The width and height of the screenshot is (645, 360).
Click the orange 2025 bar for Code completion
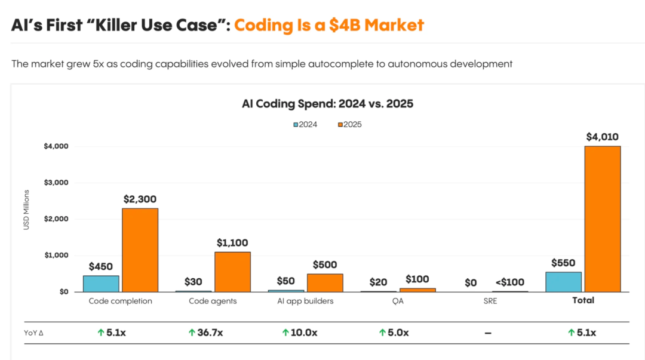pos(140,250)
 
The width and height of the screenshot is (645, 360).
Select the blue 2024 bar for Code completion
pos(101,284)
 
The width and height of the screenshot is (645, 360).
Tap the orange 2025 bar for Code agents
pos(232,272)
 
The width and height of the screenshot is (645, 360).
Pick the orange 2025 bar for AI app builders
pos(325,282)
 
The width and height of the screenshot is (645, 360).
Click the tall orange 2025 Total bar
pos(603,219)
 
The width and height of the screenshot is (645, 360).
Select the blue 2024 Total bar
pos(563,282)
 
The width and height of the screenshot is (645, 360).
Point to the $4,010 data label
pos(603,137)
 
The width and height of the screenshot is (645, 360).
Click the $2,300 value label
pos(140,199)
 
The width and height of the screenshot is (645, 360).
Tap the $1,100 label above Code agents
pos(232,243)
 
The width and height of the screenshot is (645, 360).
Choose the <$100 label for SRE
pos(510,282)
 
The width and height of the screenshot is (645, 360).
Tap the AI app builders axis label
pos(305,301)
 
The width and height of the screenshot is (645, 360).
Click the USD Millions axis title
pos(26,219)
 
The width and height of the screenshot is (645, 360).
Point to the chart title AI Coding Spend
pos(327,103)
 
